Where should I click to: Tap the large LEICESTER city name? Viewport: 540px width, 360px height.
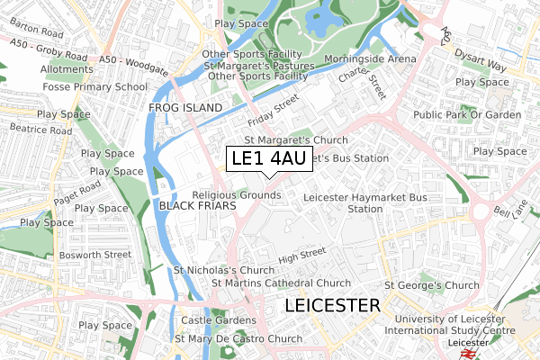click(332, 306)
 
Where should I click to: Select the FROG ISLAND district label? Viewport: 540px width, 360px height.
click(184, 108)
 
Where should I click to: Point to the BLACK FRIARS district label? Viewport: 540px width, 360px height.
click(197, 206)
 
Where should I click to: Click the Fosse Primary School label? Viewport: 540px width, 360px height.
click(94, 87)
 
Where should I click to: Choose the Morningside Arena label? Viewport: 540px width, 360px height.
click(371, 58)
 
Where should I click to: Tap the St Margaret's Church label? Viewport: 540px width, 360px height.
click(296, 140)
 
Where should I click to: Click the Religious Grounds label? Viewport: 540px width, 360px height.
click(237, 194)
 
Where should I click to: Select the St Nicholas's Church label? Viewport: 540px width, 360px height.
click(224, 270)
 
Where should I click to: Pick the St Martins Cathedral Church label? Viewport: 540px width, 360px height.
click(281, 283)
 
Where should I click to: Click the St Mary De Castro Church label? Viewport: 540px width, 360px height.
click(238, 339)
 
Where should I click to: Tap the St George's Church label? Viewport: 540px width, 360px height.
click(432, 285)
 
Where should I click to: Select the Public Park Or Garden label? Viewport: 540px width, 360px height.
click(467, 115)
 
